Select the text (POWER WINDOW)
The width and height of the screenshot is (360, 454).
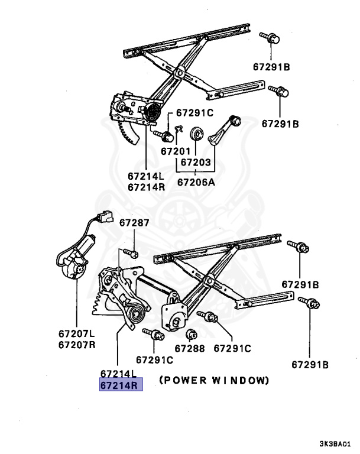pyautogui.click(x=213, y=380)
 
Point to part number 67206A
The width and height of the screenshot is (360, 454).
pyautogui.click(x=196, y=182)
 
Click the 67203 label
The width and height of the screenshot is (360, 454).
pyautogui.click(x=196, y=161)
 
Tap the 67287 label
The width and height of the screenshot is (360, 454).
pyautogui.click(x=134, y=223)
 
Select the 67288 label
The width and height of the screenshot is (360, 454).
pyautogui.click(x=189, y=349)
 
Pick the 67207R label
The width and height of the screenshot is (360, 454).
pyautogui.click(x=77, y=345)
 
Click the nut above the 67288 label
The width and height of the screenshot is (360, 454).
pyautogui.click(x=190, y=335)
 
